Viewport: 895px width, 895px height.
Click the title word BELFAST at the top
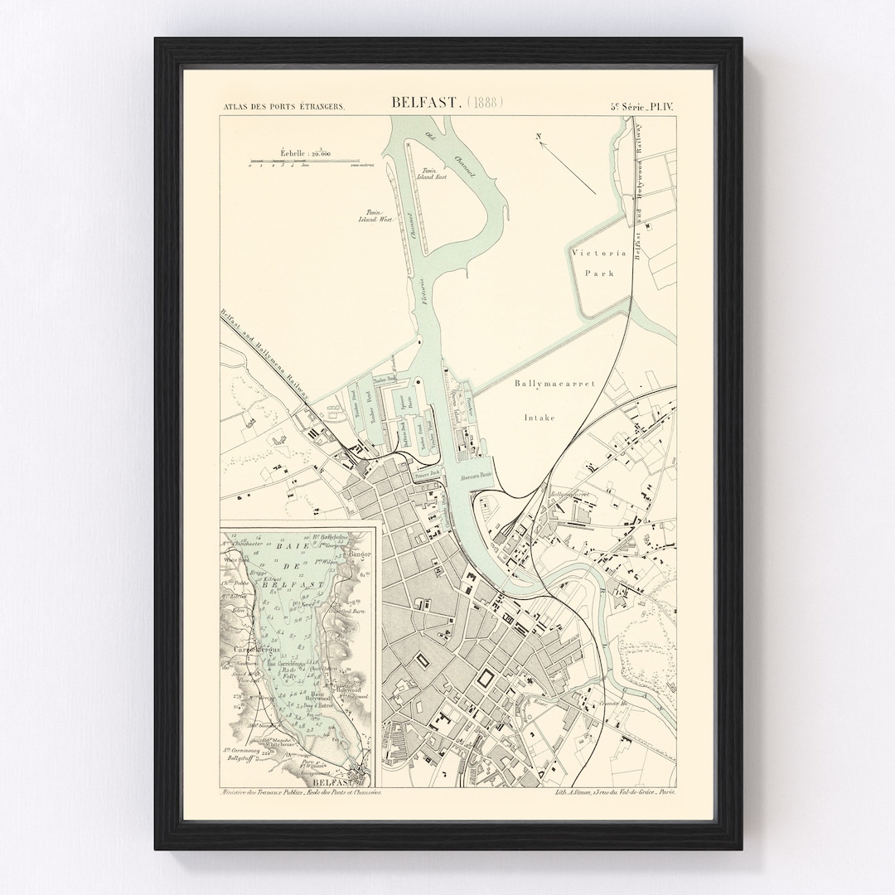click(425, 104)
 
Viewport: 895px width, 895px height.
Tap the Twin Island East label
click(436, 173)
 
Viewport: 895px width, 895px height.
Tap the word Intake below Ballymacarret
click(539, 418)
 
